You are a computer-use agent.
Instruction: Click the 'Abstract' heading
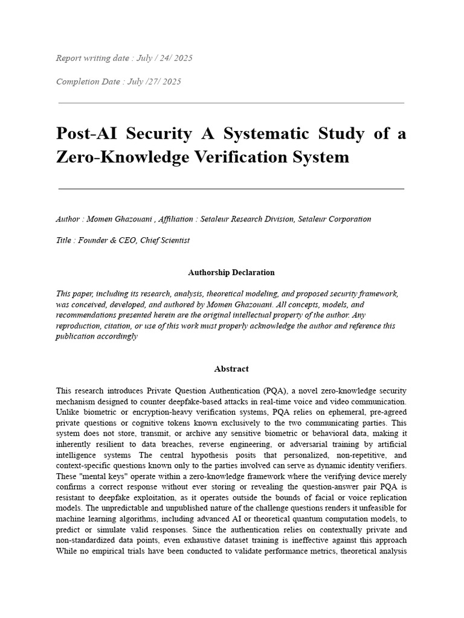click(x=231, y=368)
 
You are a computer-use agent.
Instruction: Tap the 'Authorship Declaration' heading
click(x=231, y=272)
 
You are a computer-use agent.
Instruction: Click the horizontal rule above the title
click(x=231, y=103)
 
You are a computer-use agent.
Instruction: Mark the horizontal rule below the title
click(x=231, y=189)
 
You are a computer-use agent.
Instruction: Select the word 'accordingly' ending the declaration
click(x=118, y=336)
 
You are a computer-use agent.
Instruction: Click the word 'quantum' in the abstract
click(x=286, y=518)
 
